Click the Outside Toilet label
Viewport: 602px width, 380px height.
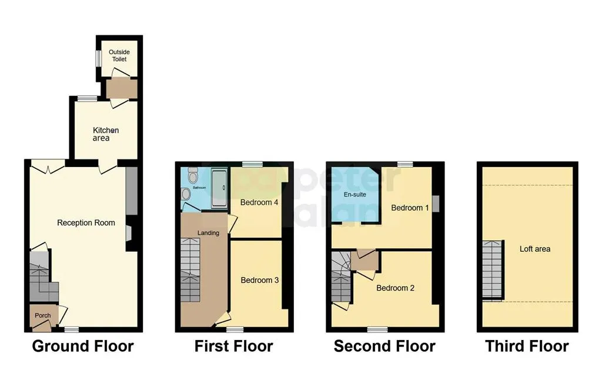point(119,55)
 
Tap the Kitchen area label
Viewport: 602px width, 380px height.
point(106,134)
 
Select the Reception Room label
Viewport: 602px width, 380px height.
point(86,222)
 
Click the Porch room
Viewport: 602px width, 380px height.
point(43,317)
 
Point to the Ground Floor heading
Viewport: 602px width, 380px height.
point(83,346)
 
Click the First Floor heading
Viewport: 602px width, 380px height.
point(234,346)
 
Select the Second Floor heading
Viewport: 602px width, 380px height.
point(384,346)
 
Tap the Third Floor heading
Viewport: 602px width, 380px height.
point(527,346)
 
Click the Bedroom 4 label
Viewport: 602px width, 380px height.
point(259,202)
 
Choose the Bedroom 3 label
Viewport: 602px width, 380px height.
point(259,280)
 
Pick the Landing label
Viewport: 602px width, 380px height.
point(208,233)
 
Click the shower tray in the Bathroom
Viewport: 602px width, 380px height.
point(220,188)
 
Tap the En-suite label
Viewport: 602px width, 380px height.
point(354,195)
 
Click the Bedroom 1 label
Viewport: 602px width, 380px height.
point(410,208)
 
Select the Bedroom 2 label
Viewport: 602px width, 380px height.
point(395,288)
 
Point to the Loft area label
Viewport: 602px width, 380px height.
point(535,249)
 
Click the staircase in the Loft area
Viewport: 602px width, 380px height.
point(493,269)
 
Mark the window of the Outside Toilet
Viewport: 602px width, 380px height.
point(99,59)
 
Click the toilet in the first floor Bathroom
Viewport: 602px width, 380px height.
point(192,176)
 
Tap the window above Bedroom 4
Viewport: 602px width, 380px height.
point(252,164)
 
